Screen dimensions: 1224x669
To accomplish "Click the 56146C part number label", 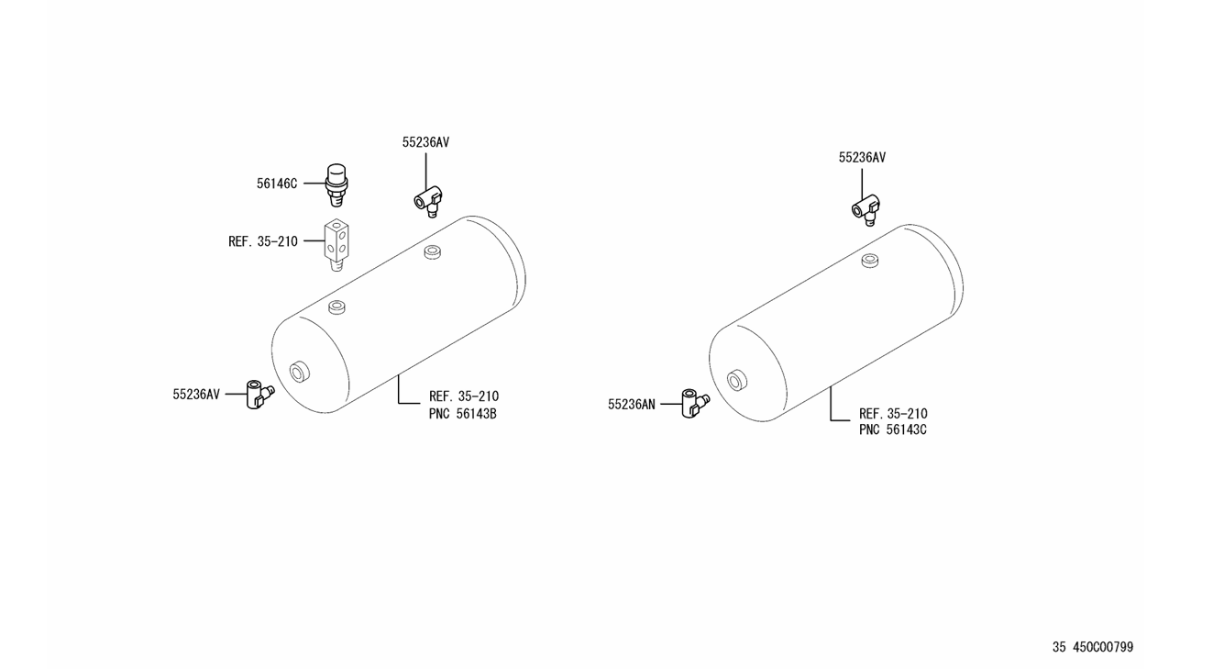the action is tap(277, 184).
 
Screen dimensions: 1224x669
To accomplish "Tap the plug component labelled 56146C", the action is tap(336, 184).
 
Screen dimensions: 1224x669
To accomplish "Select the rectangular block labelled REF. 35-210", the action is tap(336, 245).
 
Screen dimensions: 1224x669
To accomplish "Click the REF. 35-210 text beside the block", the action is tap(263, 241).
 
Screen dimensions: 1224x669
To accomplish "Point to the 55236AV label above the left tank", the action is tap(425, 142).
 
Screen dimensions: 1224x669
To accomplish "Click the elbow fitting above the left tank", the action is tap(428, 202).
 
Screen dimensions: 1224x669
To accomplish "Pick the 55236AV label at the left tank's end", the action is tap(196, 395).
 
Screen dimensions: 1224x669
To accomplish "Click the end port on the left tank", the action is tap(299, 372).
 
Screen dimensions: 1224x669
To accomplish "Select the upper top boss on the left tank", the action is tap(433, 252).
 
